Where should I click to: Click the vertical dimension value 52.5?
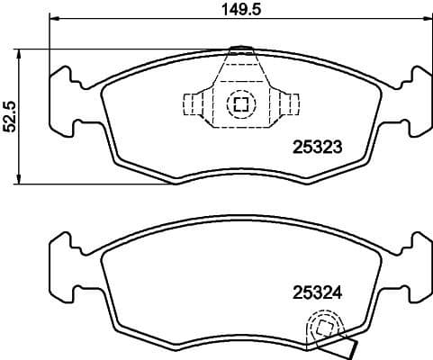click(x=10, y=115)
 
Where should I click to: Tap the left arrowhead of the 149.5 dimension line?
click(x=53, y=19)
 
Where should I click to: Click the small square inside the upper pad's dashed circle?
click(x=240, y=104)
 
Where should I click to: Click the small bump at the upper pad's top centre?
click(x=240, y=49)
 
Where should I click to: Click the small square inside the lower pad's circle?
click(x=322, y=328)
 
